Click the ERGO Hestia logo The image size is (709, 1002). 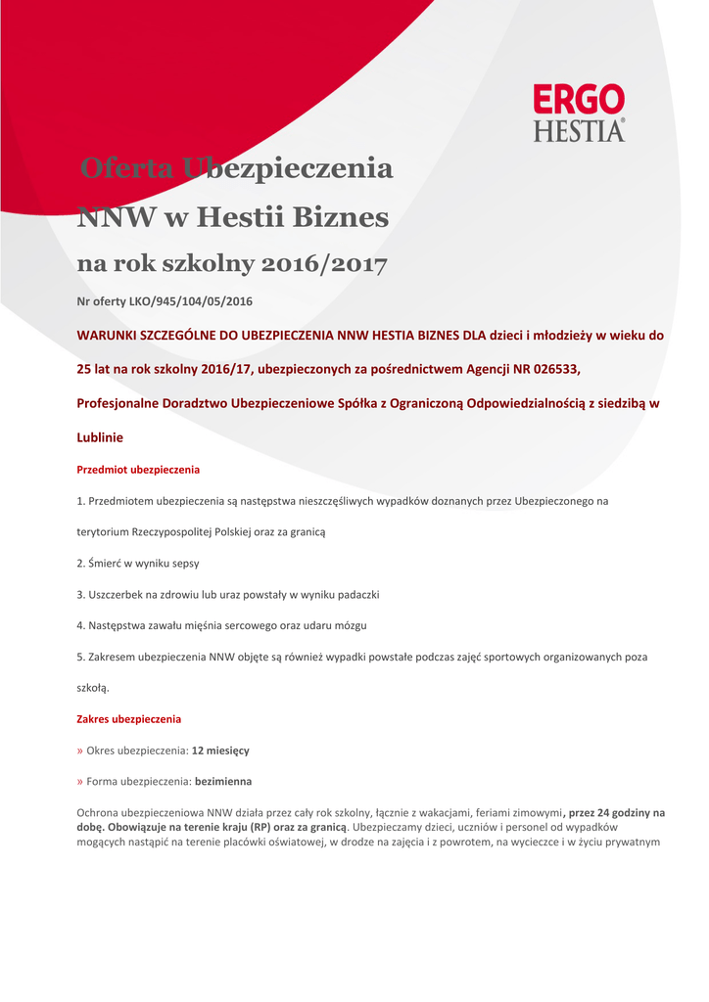point(579,113)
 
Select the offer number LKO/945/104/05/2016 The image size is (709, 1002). point(191,301)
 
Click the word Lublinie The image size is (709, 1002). point(100,436)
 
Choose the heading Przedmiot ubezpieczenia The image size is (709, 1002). point(138,470)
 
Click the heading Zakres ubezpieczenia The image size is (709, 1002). point(128,719)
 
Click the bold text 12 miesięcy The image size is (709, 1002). point(220,751)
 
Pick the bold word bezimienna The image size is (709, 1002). point(223,782)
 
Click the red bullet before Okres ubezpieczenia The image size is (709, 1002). point(80,751)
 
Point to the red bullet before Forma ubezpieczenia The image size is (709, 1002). point(80,782)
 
